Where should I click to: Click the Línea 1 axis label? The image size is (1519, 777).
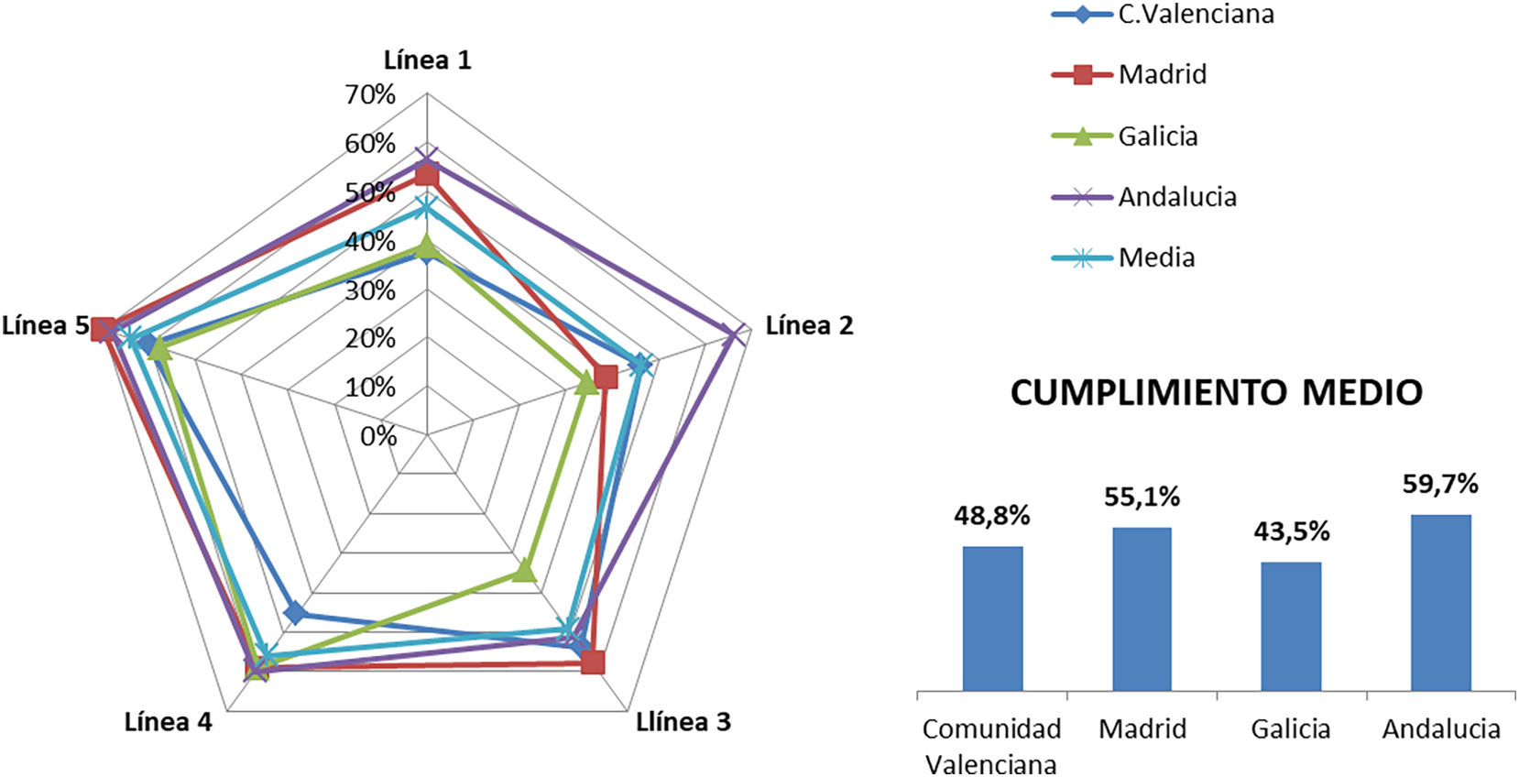pos(427,60)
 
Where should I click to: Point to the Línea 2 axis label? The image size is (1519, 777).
pos(809,325)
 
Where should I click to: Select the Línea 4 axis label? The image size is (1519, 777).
pos(169,722)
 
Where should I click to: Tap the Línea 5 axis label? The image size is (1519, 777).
pos(46,325)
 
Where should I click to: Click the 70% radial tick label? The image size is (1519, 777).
pos(370,94)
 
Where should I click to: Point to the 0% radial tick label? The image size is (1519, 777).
pos(378,436)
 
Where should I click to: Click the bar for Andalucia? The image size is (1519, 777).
pos(1440,602)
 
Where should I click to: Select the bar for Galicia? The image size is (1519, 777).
pos(1291,626)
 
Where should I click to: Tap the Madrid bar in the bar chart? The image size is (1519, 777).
pos(1142,608)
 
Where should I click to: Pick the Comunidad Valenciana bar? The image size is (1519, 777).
pos(992,618)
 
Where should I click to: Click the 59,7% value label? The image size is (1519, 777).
pos(1440,484)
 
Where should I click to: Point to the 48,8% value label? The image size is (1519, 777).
pos(992,516)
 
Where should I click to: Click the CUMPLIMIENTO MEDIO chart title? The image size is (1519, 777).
pos(1217,392)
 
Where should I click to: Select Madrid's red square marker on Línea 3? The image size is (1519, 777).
pos(593,662)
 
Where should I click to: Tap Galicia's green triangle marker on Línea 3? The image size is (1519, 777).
pos(523,572)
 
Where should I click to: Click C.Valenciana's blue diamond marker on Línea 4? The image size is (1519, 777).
pos(295,613)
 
